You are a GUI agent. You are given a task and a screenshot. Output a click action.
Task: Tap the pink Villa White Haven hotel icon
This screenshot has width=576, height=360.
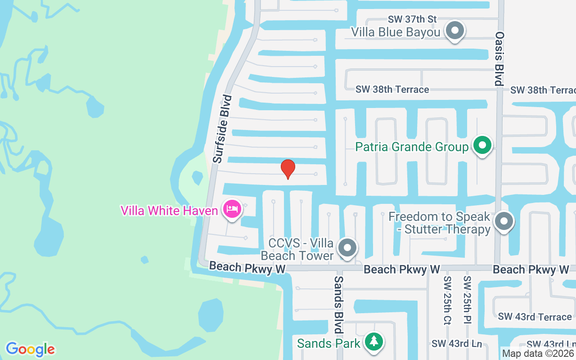point(232,209)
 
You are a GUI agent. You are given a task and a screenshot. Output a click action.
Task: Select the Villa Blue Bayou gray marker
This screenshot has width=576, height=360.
point(454,31)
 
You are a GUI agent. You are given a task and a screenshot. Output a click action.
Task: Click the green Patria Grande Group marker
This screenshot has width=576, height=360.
point(482,146)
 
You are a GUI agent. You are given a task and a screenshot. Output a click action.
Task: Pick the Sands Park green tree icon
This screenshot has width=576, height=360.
point(373,342)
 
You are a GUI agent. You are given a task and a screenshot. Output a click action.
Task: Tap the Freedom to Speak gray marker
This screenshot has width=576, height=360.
point(504,221)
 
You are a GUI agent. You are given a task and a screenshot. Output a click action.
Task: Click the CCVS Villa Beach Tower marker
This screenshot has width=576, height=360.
point(347,248)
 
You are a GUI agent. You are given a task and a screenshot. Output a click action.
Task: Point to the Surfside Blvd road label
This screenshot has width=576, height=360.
point(222,129)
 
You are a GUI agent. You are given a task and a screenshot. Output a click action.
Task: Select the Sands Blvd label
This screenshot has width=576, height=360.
point(338,304)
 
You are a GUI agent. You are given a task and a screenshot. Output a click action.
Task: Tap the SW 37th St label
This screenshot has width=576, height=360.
point(413,19)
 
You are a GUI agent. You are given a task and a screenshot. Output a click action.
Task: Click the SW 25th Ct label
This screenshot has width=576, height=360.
point(447,301)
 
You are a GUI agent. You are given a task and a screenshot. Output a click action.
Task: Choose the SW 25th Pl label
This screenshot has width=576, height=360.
point(467,301)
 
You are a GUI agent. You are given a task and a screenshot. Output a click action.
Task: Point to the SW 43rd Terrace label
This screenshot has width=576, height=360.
point(535,317)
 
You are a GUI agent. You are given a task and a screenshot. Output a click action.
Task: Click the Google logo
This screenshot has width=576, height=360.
point(30,349)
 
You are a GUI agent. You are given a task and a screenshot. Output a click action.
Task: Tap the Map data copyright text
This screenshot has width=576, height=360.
point(538,354)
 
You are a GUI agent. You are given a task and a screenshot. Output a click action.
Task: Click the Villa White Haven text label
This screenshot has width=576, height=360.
point(169,210)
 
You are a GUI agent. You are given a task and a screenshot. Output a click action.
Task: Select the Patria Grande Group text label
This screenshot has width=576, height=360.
point(412,147)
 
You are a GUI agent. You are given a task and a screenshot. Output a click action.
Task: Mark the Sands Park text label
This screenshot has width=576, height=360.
point(328,343)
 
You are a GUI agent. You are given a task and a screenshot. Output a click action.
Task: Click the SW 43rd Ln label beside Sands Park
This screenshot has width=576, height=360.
point(457,344)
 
